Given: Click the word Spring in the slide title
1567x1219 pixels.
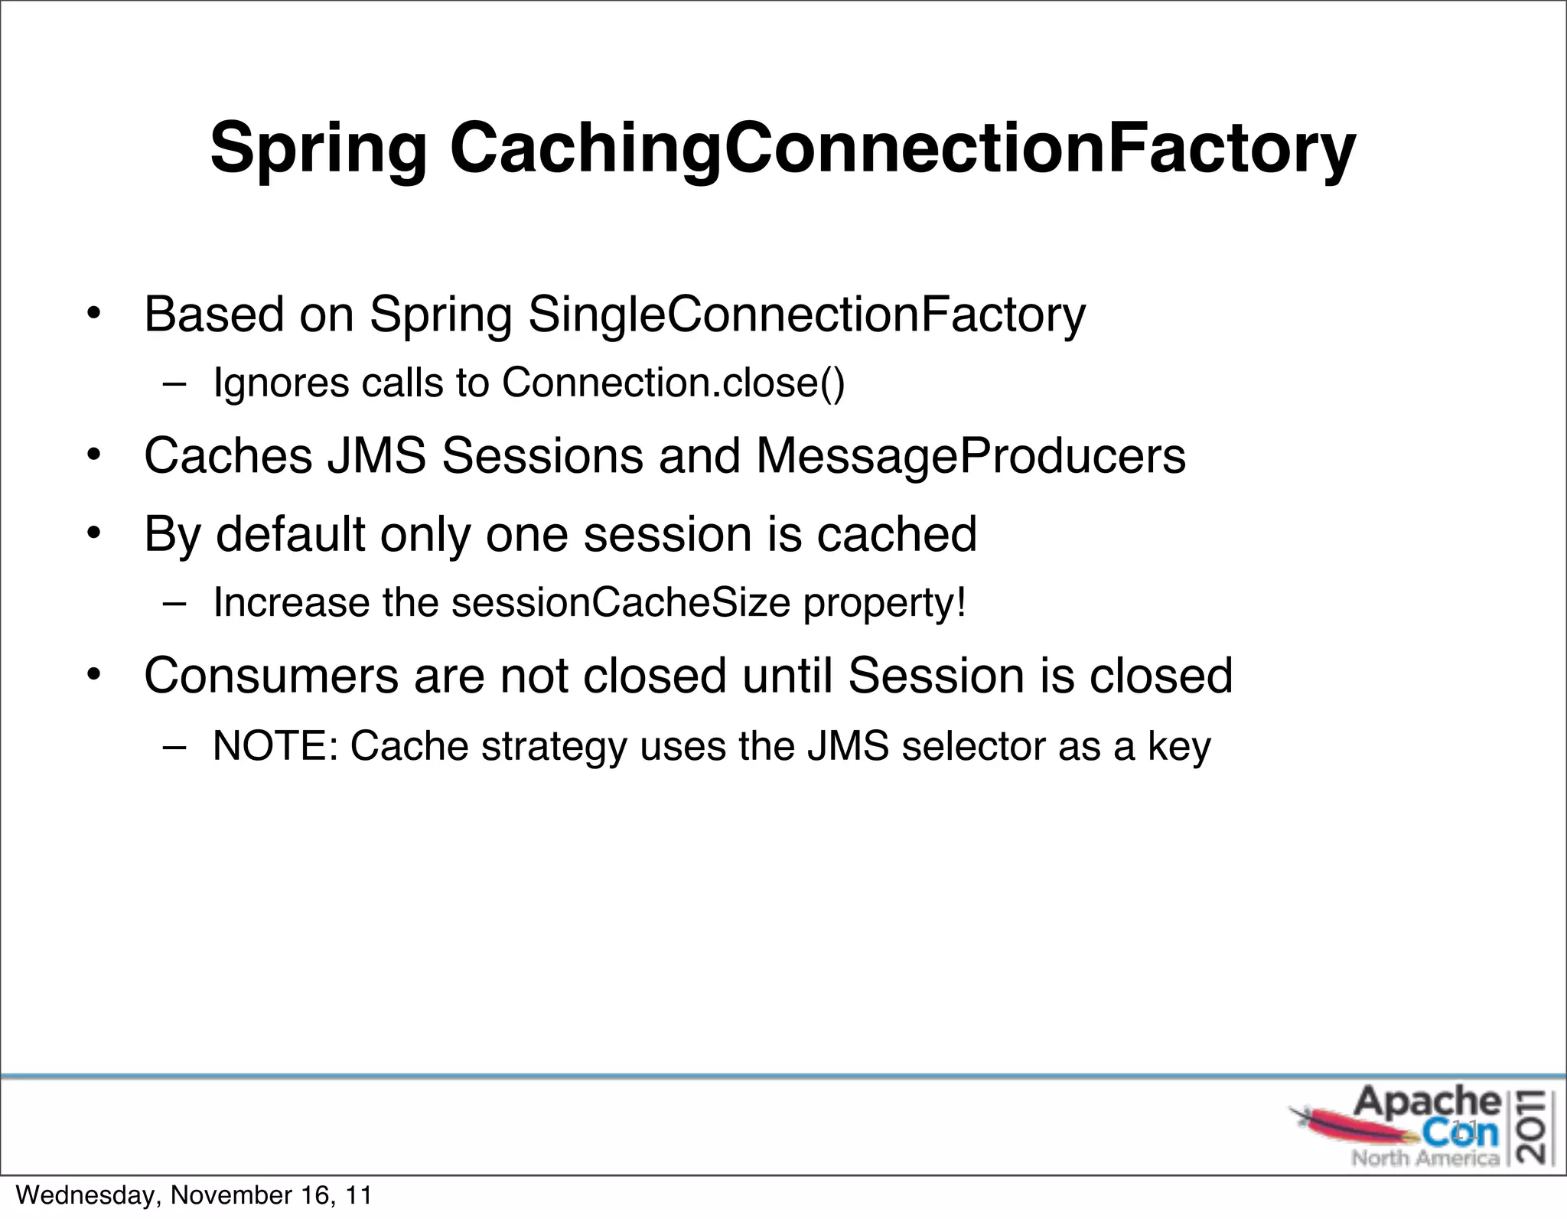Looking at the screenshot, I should point(318,149).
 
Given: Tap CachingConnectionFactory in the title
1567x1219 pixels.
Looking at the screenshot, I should point(903,149).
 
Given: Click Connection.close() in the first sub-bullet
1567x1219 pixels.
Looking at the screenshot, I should point(673,382).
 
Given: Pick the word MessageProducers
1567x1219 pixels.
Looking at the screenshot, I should point(971,455).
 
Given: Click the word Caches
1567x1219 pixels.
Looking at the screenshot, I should point(228,455).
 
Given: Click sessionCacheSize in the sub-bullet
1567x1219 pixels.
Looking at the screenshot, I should point(621,602).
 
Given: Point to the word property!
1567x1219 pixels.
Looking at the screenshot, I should point(884,604).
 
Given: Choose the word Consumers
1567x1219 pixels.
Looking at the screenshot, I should point(271,676).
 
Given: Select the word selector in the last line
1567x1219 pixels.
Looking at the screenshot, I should point(973,746).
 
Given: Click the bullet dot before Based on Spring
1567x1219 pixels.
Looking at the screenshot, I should point(93,315).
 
